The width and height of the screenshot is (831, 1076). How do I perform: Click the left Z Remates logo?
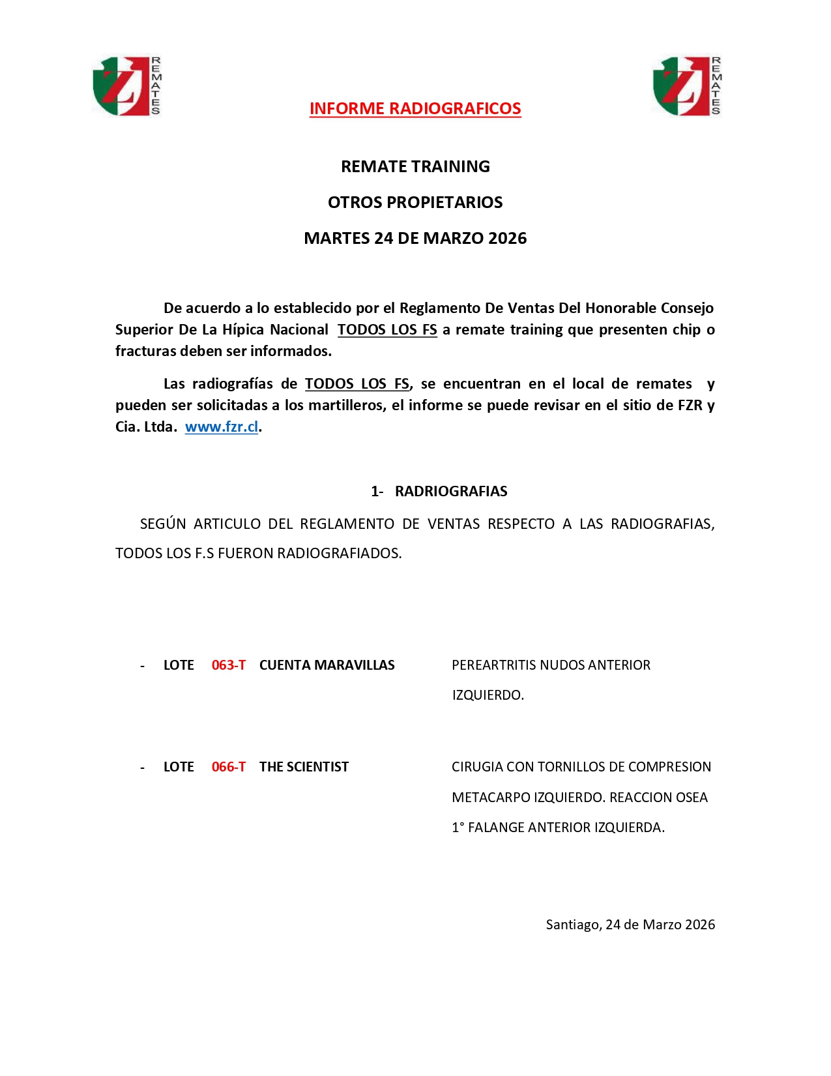pos(126,86)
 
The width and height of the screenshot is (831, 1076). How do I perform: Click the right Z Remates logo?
pos(687,86)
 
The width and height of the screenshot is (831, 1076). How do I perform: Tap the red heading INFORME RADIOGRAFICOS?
pos(415,108)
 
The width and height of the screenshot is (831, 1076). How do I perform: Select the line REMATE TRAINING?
pos(415,166)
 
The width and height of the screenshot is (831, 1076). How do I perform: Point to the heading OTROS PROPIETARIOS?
pos(415,202)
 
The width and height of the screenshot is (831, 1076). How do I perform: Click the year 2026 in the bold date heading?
pos(507,238)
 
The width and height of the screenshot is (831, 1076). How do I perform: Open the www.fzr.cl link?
pos(222,426)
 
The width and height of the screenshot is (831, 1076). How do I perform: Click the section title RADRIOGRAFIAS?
pos(451,491)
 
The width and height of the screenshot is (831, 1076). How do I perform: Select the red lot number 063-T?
pos(229,665)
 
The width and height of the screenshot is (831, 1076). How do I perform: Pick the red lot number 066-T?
pos(229,767)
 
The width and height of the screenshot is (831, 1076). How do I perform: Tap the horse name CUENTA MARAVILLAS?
pos(327,665)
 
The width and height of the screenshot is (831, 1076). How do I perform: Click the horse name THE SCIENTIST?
pos(304,767)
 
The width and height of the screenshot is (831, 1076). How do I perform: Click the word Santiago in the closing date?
pos(572,925)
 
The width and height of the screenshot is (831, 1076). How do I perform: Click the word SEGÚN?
pos(163,524)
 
